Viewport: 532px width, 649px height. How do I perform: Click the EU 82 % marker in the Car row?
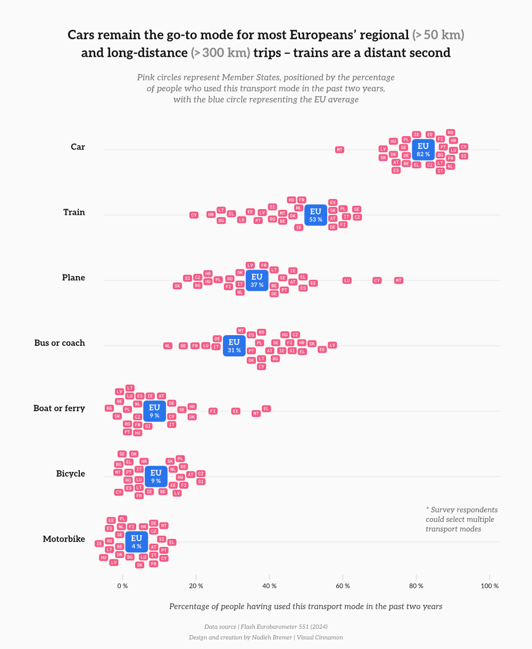click(423, 149)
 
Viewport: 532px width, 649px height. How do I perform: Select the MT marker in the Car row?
click(339, 149)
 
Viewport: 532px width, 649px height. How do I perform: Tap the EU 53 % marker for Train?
click(315, 215)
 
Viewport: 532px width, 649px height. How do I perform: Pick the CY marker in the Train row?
click(194, 215)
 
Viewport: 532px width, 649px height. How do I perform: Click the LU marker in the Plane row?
click(347, 280)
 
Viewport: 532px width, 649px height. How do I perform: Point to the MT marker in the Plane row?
click(398, 280)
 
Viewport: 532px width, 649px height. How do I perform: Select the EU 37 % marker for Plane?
click(257, 280)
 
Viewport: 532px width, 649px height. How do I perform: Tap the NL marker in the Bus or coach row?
click(168, 346)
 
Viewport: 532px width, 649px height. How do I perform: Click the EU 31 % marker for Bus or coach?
click(234, 346)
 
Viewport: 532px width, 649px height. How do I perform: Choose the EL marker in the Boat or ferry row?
click(267, 409)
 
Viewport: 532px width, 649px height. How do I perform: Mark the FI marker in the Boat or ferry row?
click(213, 411)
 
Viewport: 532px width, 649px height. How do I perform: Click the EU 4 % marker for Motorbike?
click(137, 542)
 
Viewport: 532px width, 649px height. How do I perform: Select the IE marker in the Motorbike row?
click(99, 544)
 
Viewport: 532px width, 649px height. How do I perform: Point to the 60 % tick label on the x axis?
click(343, 586)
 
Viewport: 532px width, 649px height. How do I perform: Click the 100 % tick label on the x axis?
click(489, 586)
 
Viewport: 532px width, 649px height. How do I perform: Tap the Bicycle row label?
click(71, 473)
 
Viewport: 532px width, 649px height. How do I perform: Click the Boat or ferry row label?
click(59, 408)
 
